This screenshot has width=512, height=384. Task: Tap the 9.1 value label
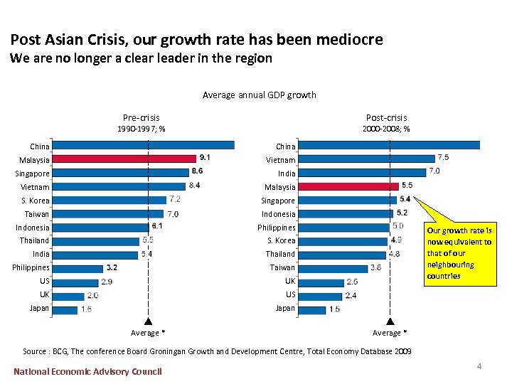[205, 157]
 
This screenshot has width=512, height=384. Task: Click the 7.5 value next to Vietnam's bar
[443, 157]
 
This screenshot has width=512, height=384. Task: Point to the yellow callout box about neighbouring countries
[459, 253]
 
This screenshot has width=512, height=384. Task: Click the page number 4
[479, 366]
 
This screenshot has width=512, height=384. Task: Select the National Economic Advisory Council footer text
[87, 371]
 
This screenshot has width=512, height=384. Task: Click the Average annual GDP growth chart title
[259, 95]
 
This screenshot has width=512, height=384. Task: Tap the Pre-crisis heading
[142, 117]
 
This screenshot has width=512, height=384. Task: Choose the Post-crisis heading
[386, 117]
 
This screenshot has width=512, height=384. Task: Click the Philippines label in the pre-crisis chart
[31, 268]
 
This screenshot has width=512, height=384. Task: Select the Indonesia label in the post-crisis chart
[279, 214]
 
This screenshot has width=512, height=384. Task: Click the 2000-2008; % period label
[386, 129]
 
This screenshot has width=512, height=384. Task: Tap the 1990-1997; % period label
[142, 129]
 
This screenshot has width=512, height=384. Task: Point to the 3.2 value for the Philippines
[112, 268]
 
